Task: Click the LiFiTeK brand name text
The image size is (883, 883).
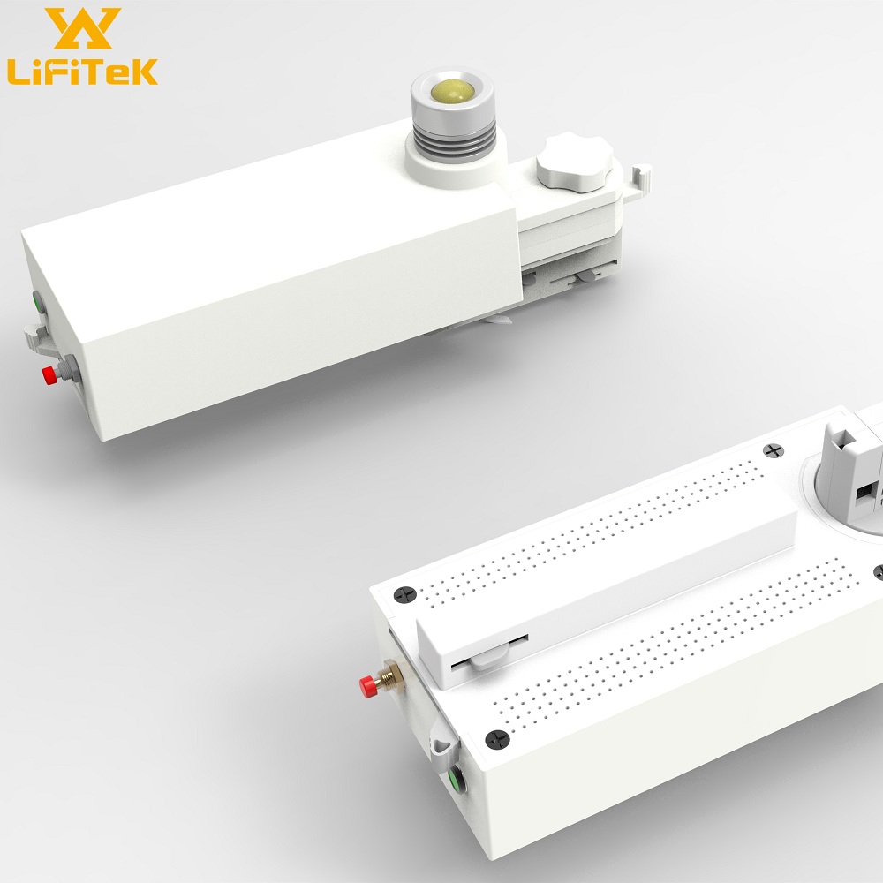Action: pos(81,70)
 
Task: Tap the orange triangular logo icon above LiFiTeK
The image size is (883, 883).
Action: pos(82,29)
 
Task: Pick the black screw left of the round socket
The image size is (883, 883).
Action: pos(776,451)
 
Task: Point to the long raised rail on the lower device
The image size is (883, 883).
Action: pos(609,575)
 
